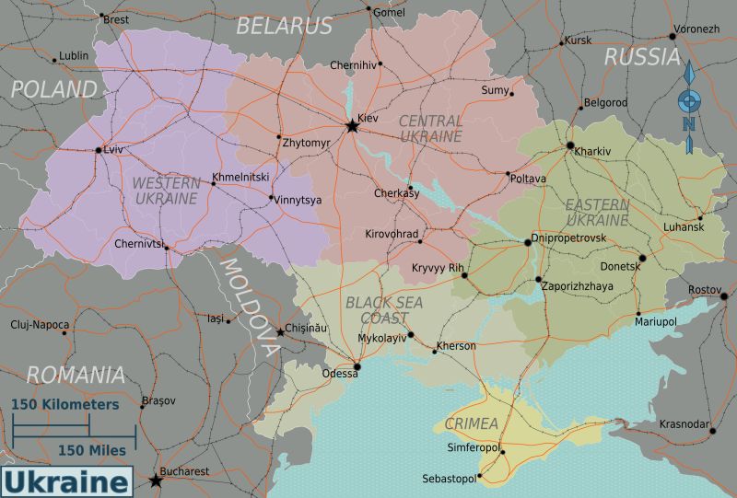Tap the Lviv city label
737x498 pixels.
click(x=114, y=149)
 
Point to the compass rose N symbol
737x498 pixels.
click(x=688, y=124)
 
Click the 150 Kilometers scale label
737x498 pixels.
click(x=65, y=404)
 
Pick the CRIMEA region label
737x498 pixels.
click(x=471, y=423)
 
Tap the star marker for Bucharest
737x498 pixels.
click(x=156, y=481)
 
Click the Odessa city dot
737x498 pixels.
click(x=357, y=366)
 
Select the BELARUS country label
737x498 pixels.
click(x=284, y=26)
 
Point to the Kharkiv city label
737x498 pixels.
click(x=592, y=151)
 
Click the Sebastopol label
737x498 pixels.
click(x=449, y=479)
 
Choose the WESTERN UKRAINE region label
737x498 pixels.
click(x=166, y=191)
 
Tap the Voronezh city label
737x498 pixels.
click(x=696, y=29)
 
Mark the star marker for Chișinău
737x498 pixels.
click(x=280, y=332)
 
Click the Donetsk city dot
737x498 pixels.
click(x=643, y=259)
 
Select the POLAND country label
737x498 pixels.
click(x=53, y=89)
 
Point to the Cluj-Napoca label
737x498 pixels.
click(x=40, y=324)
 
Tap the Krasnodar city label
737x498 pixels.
click(x=684, y=423)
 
